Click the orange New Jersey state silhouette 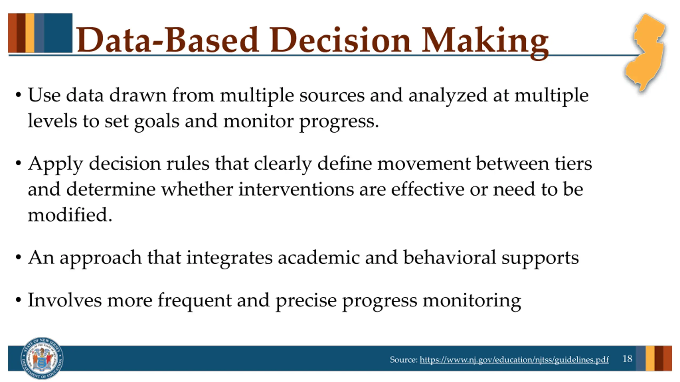click(646, 52)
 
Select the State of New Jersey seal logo click(42, 358)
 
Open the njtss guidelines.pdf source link click(514, 360)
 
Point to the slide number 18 click(627, 359)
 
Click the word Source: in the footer click(403, 360)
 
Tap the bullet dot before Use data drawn click(18, 95)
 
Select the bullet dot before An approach click(18, 257)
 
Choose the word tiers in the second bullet click(573, 163)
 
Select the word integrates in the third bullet click(229, 258)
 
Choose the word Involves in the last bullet click(65, 300)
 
